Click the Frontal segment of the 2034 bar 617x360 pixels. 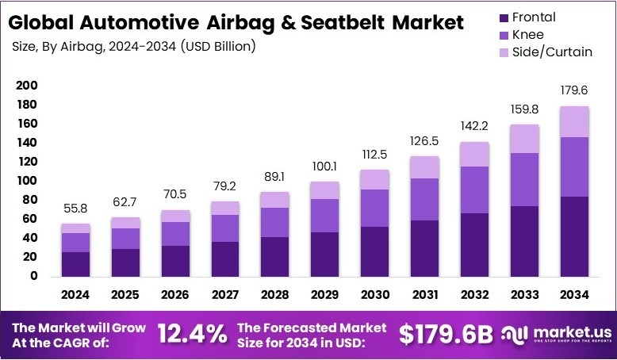573,236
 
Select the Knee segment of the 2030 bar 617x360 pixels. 374,208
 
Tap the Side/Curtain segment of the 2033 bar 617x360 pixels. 523,139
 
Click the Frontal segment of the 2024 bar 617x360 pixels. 75,264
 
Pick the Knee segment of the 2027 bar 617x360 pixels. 224,228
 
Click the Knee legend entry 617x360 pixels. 527,35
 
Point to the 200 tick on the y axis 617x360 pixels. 27,86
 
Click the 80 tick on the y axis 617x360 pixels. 29,200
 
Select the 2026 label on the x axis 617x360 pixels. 174,295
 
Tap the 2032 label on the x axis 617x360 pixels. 473,295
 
